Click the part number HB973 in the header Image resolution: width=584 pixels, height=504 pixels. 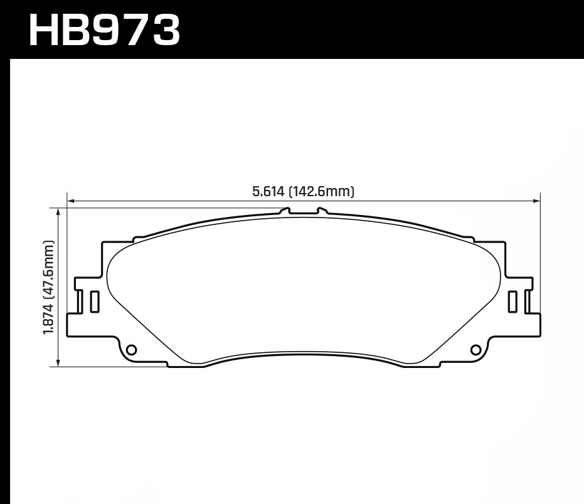pyautogui.click(x=104, y=29)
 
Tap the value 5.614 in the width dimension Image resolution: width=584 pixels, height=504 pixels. pyautogui.click(x=269, y=192)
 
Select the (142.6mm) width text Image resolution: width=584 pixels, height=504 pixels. pyautogui.click(x=322, y=192)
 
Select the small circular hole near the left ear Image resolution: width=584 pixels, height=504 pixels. pyautogui.click(x=131, y=349)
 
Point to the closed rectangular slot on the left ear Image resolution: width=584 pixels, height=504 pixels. pyautogui.click(x=95, y=302)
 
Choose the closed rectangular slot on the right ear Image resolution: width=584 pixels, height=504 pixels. pyautogui.click(x=512, y=302)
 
